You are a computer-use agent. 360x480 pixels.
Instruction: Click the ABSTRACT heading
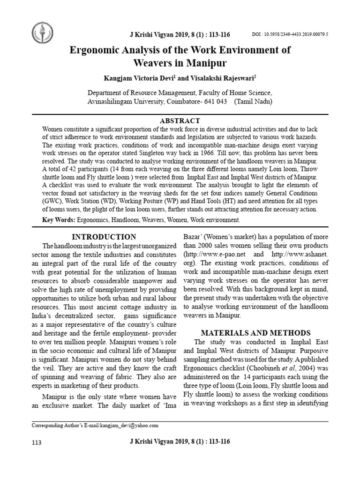coord(180,120)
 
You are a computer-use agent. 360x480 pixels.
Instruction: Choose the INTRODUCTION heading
coord(104,237)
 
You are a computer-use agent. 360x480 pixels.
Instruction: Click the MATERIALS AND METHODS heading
coord(255,333)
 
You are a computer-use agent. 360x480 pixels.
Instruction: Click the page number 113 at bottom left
coord(37,442)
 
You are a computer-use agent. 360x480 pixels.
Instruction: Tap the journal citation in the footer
coord(180,442)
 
